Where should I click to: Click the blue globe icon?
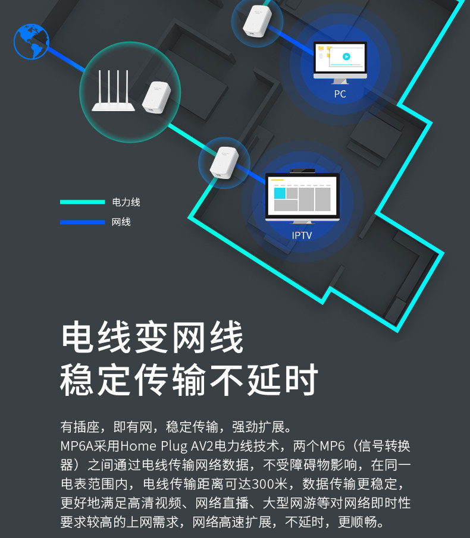[x=32, y=42]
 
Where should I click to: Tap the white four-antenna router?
[x=113, y=90]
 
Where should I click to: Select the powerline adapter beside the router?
[x=156, y=97]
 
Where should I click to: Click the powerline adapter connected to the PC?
[x=257, y=21]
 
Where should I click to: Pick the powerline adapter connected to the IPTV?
[x=224, y=163]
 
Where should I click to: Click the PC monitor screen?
[x=340, y=58]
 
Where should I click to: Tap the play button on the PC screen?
[x=346, y=56]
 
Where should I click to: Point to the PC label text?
[x=340, y=94]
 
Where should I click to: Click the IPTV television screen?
[x=302, y=196]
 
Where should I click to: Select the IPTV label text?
[x=302, y=235]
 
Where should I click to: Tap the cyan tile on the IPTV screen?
[x=280, y=193]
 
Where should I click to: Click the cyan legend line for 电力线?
[x=82, y=202]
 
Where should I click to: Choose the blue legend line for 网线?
[x=82, y=222]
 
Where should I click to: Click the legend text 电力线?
[x=126, y=202]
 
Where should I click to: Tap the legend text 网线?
[x=121, y=222]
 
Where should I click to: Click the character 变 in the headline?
[x=152, y=336]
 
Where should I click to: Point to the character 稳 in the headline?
[x=77, y=380]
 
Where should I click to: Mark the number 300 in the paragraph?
[x=263, y=484]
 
